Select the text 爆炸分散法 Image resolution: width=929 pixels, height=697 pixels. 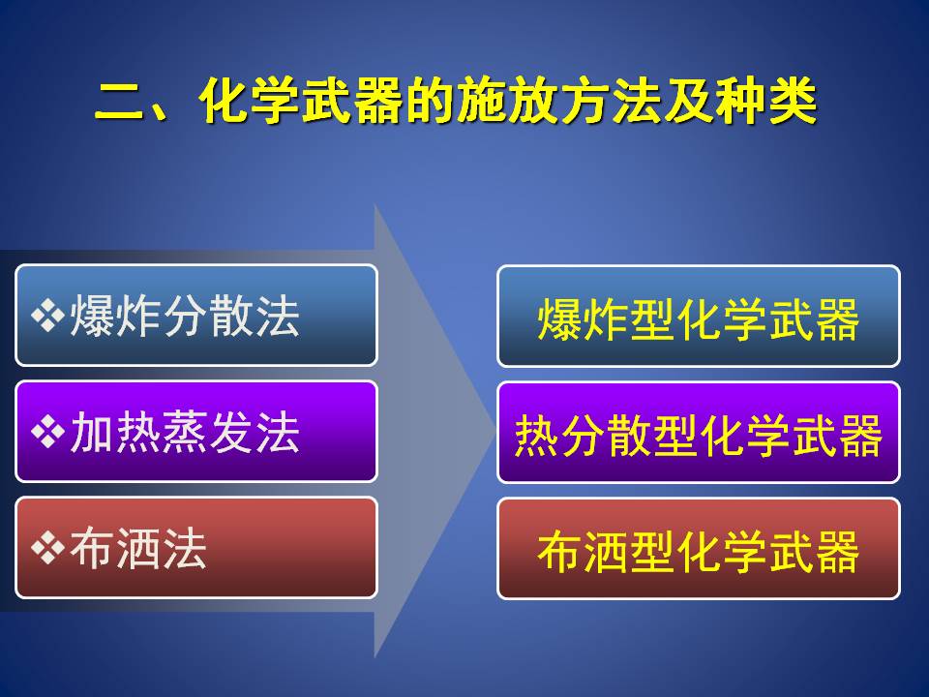coord(185,316)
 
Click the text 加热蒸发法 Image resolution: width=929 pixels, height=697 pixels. coord(185,432)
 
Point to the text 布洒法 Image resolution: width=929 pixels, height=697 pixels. coord(138,548)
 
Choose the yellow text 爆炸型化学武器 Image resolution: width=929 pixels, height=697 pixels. coord(699,319)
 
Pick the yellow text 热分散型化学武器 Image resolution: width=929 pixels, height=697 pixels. coord(699,436)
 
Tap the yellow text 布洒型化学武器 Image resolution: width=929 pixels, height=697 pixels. coord(699,552)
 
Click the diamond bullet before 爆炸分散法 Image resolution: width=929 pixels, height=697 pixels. coord(48,316)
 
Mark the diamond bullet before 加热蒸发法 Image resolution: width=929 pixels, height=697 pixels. coord(48,432)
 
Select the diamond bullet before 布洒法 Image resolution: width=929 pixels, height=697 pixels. coord(48,548)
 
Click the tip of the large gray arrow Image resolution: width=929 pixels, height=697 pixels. coord(495,432)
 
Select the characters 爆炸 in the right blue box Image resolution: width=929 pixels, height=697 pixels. coord(583,319)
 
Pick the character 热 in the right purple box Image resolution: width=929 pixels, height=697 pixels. coord(537,436)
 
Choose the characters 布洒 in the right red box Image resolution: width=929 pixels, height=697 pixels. coord(583,552)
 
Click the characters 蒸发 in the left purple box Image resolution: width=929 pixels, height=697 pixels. coord(208,432)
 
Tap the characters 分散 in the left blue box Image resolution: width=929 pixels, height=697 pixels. coord(208,316)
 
